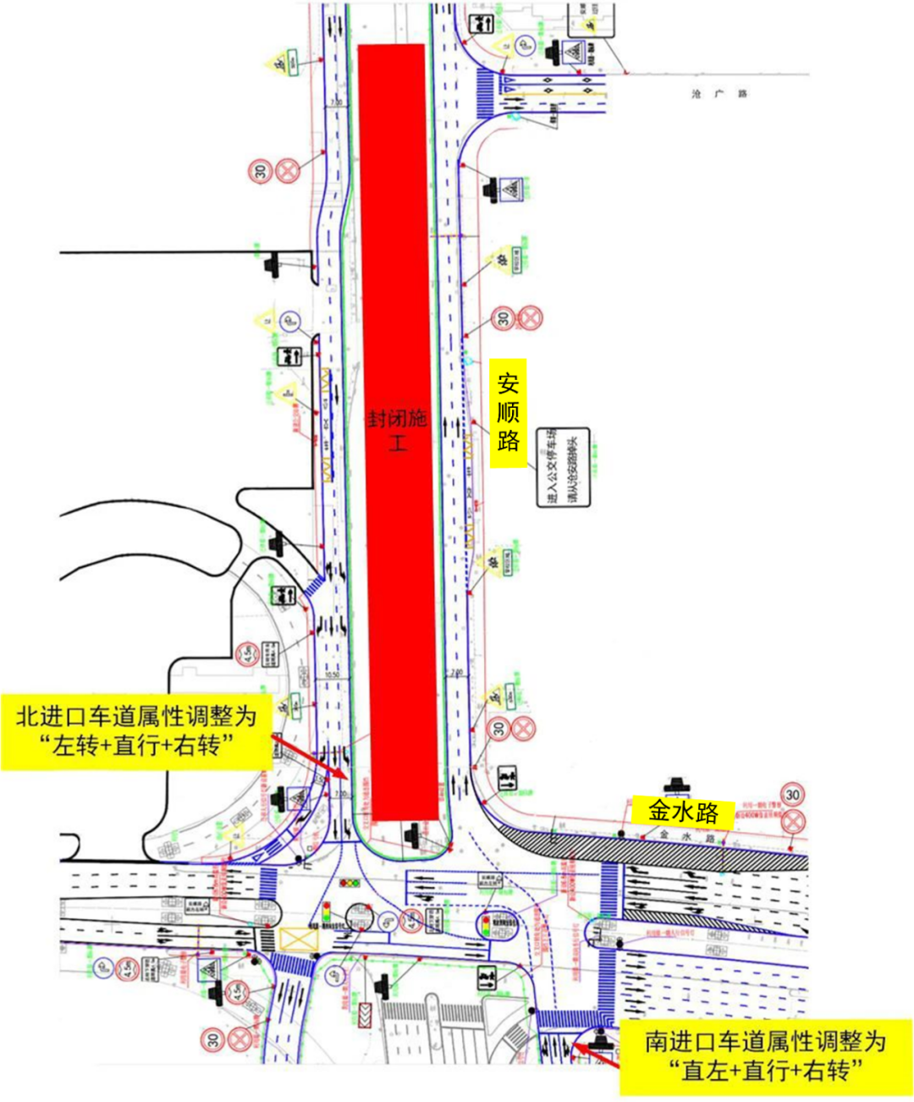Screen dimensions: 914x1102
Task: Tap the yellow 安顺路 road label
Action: pyautogui.click(x=508, y=413)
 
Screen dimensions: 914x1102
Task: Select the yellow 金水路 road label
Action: pyautogui.click(x=683, y=813)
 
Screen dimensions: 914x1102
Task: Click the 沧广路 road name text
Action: pyautogui.click(x=719, y=94)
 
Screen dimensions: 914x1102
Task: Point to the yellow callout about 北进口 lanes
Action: pyautogui.click(x=136, y=731)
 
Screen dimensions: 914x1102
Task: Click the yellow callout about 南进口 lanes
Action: pyautogui.click(x=766, y=1055)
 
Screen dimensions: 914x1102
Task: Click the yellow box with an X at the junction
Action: pyautogui.click(x=297, y=939)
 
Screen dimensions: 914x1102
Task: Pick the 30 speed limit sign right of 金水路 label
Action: pyautogui.click(x=792, y=795)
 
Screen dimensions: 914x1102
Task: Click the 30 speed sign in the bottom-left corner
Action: pyautogui.click(x=213, y=1039)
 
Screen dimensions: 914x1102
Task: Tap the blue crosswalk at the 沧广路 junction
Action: pyautogui.click(x=485, y=94)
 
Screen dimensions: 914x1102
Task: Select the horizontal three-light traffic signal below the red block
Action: pyautogui.click(x=349, y=884)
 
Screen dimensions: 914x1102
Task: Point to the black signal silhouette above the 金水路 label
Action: pyautogui.click(x=676, y=785)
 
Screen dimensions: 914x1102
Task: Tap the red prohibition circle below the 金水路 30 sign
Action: pyautogui.click(x=793, y=820)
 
